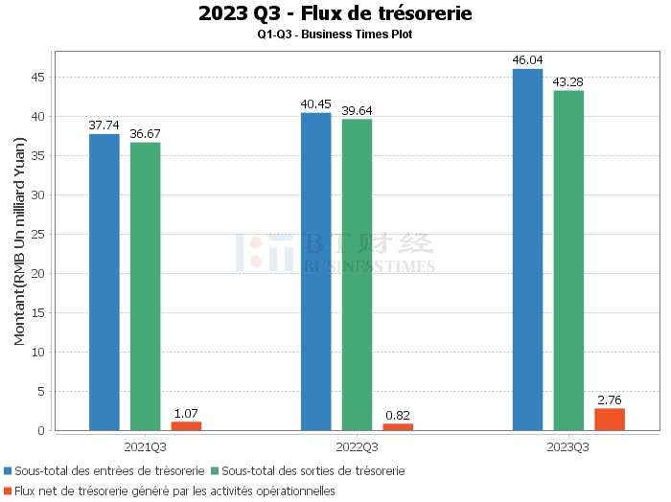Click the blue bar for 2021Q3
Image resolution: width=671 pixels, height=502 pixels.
click(x=104, y=283)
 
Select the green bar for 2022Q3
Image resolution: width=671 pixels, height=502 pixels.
click(x=357, y=275)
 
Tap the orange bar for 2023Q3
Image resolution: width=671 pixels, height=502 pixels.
click(x=610, y=420)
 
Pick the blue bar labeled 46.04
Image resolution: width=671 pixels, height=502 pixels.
click(x=527, y=250)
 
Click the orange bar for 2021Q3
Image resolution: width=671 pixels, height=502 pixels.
click(x=186, y=426)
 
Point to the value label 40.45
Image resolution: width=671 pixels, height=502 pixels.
click(x=315, y=104)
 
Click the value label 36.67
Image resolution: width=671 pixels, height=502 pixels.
click(x=145, y=134)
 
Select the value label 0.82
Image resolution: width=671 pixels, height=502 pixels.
click(x=398, y=415)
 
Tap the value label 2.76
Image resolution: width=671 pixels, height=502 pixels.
click(x=610, y=400)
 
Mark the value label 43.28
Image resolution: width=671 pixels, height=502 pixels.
click(x=567, y=82)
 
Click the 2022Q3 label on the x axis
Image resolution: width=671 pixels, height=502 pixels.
click(x=357, y=447)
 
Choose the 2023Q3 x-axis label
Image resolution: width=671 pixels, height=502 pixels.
click(x=567, y=447)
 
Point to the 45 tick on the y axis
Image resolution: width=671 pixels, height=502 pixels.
click(x=38, y=78)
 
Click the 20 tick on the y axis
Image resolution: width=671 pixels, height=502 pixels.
click(x=38, y=274)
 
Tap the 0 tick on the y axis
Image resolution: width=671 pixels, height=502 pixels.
click(x=41, y=430)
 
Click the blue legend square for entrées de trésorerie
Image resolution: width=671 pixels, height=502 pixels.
click(x=8, y=470)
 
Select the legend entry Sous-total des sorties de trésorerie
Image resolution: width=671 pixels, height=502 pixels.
click(x=308, y=470)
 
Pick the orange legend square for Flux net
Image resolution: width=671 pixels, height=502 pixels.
click(x=8, y=491)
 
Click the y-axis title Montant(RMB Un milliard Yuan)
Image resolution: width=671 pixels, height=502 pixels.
click(x=20, y=241)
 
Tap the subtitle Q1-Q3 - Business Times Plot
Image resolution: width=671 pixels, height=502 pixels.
click(x=335, y=34)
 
